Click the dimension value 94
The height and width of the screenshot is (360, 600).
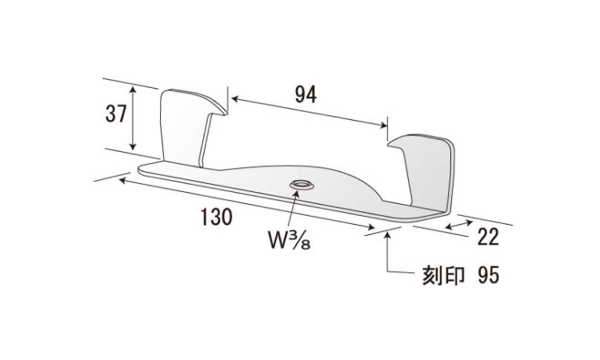(306, 94)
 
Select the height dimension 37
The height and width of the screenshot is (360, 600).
(115, 114)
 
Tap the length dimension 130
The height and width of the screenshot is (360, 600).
(217, 217)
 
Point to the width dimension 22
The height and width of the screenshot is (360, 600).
(488, 237)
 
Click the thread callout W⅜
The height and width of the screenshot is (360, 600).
(289, 240)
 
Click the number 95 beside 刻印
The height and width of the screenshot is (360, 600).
(488, 275)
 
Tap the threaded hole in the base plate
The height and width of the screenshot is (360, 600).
(302, 184)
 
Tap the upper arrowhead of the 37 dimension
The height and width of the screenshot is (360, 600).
(133, 89)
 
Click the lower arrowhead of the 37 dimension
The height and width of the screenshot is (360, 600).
(133, 146)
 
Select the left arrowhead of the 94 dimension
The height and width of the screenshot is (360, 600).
(235, 99)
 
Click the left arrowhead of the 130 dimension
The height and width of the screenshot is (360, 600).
(123, 179)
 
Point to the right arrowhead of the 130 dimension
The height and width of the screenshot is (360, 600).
(370, 227)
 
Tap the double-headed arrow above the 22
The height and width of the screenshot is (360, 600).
(459, 225)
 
